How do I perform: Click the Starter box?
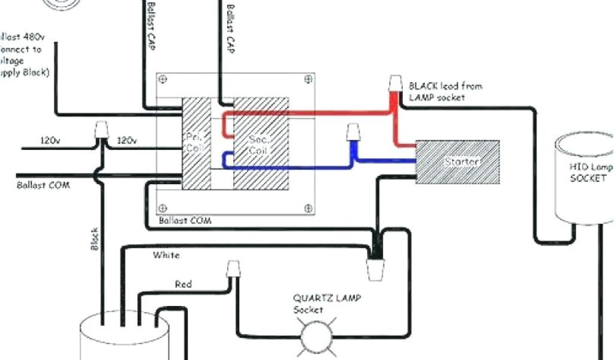pos(458,162)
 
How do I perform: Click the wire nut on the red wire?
pos(395,84)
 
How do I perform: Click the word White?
pos(166,256)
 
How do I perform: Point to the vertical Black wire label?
pos(94,238)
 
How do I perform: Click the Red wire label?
pos(183,284)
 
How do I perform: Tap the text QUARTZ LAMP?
pos(327,298)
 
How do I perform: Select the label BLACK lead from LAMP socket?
pos(445,91)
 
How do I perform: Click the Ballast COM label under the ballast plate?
pos(185,221)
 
